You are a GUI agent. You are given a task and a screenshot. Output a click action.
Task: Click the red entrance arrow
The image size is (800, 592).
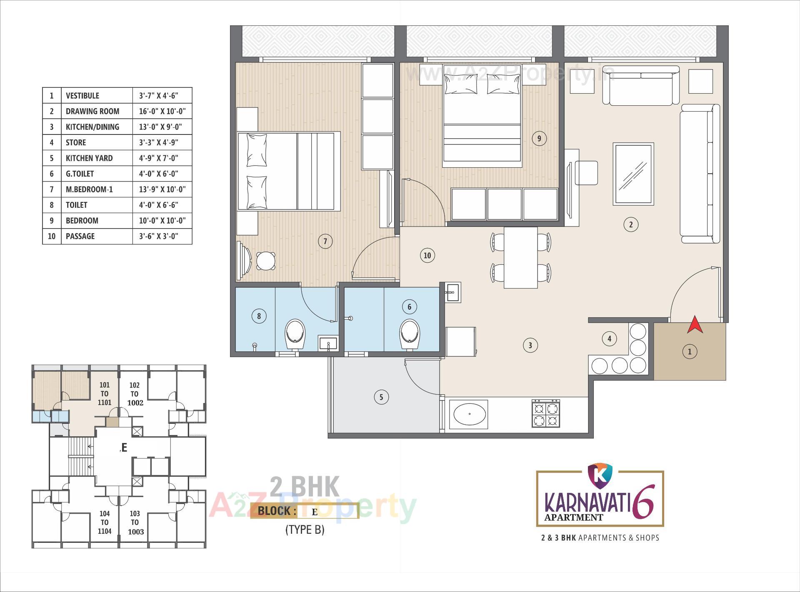(695, 325)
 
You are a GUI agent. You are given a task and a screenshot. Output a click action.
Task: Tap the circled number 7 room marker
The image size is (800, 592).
(325, 241)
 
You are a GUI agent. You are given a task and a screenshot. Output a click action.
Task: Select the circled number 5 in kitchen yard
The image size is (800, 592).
(381, 397)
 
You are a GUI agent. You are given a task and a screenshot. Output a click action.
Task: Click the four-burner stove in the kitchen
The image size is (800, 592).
(545, 414)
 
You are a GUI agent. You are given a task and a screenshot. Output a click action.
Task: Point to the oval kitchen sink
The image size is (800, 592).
(470, 414)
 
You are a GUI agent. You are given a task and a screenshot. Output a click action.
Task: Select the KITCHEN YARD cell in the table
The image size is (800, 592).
(89, 158)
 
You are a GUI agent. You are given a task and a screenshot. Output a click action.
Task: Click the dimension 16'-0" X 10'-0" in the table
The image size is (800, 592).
(162, 111)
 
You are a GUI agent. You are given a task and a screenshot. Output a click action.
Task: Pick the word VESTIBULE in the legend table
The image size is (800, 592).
(82, 96)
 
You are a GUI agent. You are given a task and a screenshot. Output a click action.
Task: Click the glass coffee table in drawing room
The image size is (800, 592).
(633, 174)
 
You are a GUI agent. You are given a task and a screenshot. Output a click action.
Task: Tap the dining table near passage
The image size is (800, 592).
(520, 257)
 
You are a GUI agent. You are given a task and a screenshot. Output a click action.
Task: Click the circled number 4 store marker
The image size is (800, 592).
(609, 339)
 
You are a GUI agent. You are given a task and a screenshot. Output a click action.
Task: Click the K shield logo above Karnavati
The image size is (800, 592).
(600, 477)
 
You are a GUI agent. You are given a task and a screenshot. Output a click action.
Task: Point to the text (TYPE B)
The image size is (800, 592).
(305, 530)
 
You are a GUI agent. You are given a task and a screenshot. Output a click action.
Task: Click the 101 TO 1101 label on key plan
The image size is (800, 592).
(104, 394)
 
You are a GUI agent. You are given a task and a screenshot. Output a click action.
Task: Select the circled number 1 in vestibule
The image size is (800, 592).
(690, 352)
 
